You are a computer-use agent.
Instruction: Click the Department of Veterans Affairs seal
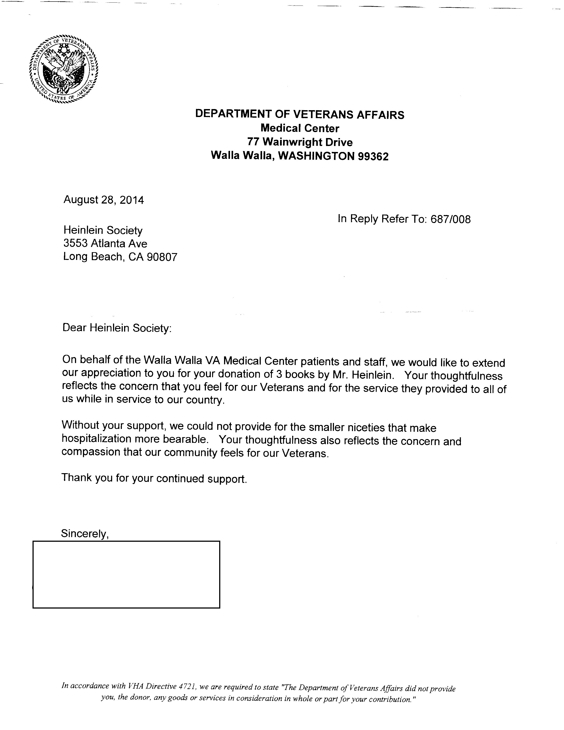tap(63, 69)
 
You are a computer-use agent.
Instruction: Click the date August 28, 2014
tap(104, 200)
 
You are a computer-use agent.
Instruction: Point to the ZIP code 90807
tap(162, 257)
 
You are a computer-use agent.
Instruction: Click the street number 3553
tap(75, 243)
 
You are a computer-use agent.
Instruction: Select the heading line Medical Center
tap(300, 128)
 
